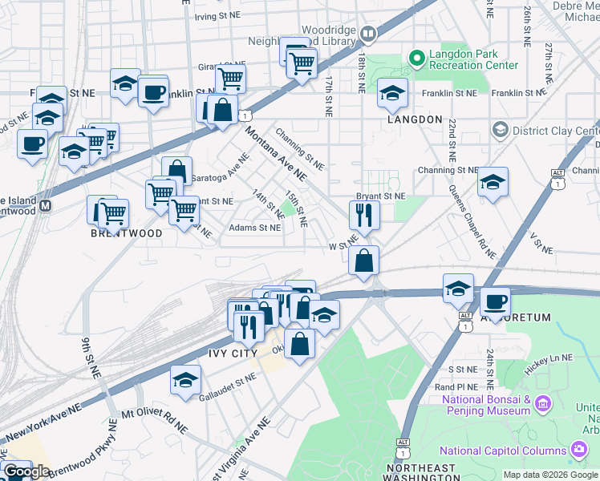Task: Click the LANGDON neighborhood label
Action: click(x=415, y=119)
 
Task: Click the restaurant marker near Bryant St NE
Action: click(x=364, y=215)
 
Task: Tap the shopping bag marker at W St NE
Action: click(x=364, y=260)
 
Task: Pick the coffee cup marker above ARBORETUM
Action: click(x=495, y=301)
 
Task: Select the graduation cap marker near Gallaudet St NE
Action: click(x=185, y=379)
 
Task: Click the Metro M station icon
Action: click(x=47, y=205)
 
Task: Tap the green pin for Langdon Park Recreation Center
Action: click(x=416, y=57)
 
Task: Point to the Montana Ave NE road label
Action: click(x=277, y=152)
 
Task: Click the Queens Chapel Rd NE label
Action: click(x=473, y=221)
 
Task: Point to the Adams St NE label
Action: click(x=255, y=228)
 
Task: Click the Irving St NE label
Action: click(x=217, y=15)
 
